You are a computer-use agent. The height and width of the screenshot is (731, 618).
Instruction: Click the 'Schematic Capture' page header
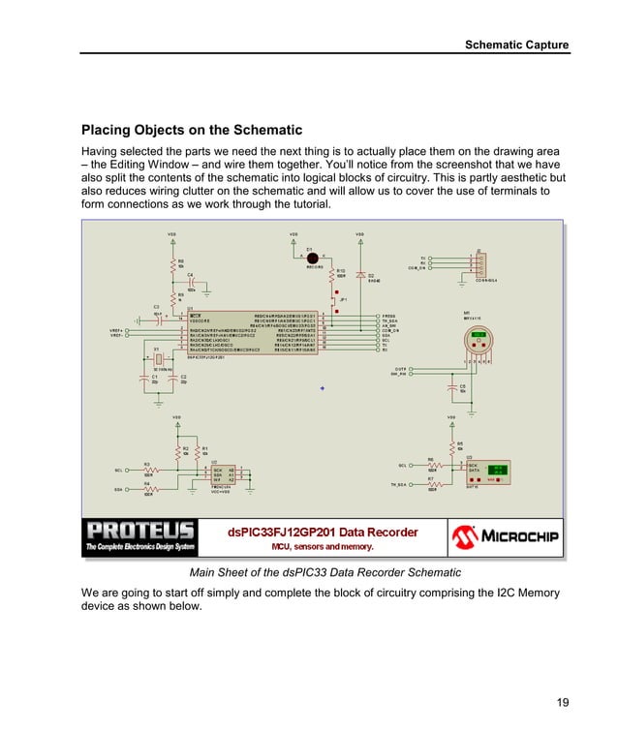pyautogui.click(x=516, y=45)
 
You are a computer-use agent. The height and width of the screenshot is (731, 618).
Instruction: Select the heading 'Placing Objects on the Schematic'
pyautogui.click(x=192, y=130)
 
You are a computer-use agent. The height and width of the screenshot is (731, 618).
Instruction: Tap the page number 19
pyautogui.click(x=562, y=702)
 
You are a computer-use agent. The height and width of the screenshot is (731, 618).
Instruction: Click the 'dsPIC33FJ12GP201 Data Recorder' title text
pyautogui.click(x=323, y=532)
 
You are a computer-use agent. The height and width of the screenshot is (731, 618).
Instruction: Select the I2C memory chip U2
pyautogui.click(x=223, y=475)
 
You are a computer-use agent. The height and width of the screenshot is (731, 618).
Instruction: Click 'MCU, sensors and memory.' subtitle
pyautogui.click(x=323, y=547)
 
